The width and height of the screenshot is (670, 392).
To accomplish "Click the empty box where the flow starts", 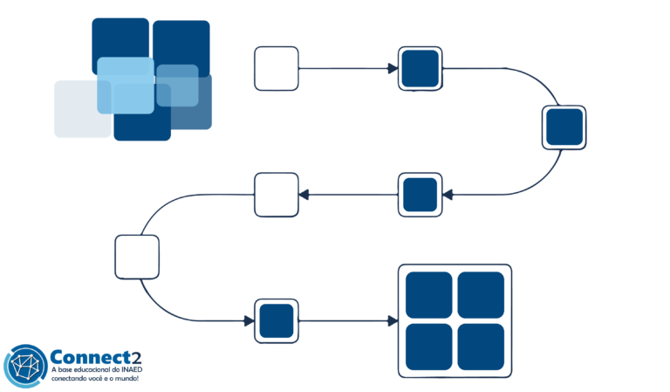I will coord(277,69).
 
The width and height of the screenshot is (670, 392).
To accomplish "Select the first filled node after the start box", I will coord(420,68).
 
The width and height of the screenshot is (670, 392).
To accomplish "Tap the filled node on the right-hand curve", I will coord(564,127).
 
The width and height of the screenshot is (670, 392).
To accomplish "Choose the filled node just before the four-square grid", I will coord(277,321).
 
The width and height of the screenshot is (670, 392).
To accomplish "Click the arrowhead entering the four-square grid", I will coord(393,321).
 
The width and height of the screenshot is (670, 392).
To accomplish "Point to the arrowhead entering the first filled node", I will coord(393,68).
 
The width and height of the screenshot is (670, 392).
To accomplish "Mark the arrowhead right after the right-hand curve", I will coord(448,195).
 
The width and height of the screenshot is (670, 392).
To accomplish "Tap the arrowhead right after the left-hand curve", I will coord(249,321).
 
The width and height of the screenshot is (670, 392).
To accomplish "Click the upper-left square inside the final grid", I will coord(428,294).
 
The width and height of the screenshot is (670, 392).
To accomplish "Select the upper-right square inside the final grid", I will coord(481,294).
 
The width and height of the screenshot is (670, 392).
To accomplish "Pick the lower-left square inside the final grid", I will coord(428,347).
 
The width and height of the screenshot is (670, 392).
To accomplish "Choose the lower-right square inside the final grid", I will coord(481,347).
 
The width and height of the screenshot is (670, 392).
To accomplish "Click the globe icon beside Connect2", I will coord(24,366).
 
